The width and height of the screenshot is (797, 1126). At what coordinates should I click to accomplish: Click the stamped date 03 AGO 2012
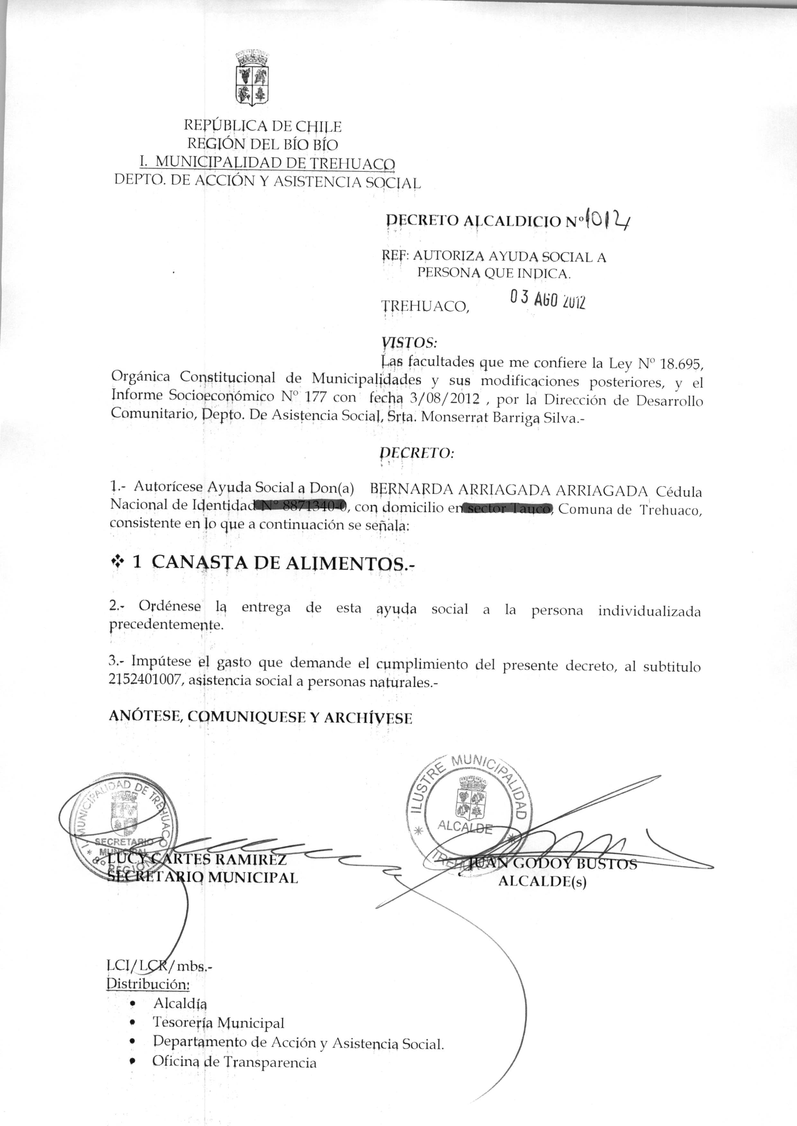click(547, 300)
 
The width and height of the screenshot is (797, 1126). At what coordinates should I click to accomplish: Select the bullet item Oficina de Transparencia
click(234, 1062)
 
